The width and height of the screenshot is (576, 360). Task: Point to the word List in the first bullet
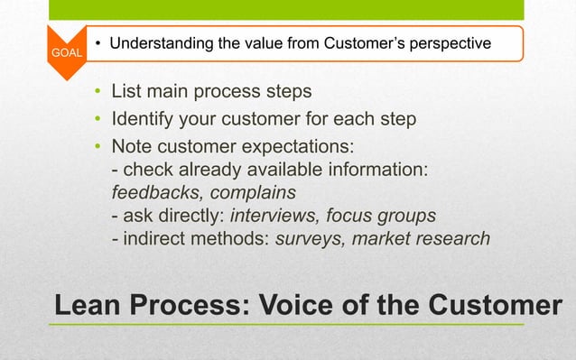click(x=127, y=91)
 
